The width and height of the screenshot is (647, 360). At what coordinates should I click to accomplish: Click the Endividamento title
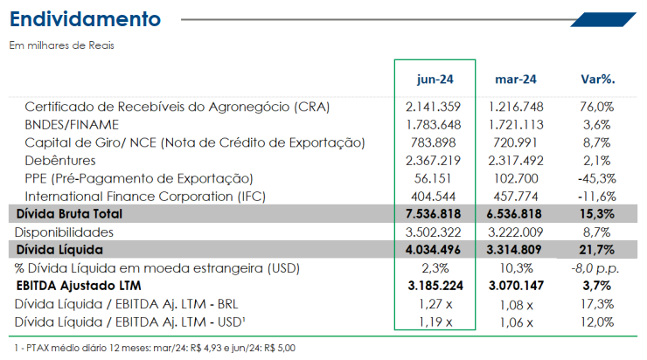tap(85, 19)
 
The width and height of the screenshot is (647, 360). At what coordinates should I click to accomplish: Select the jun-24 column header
tap(435, 80)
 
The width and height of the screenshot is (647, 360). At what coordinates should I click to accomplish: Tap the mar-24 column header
tap(516, 80)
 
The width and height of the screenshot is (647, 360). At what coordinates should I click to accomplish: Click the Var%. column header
tap(598, 79)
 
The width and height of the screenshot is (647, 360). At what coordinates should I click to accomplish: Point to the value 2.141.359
tap(433, 107)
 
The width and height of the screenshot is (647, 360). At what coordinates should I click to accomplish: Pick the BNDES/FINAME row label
tap(72, 125)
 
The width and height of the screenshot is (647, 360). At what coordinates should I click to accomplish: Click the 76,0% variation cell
tap(596, 107)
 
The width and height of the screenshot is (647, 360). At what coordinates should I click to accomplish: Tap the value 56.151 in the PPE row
tap(433, 178)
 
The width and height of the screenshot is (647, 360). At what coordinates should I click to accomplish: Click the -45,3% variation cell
tap(596, 178)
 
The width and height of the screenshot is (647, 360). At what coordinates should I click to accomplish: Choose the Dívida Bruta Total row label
tap(69, 213)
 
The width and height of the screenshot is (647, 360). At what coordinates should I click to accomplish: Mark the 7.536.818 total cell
tap(433, 213)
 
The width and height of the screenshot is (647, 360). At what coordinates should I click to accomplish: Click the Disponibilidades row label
tap(64, 232)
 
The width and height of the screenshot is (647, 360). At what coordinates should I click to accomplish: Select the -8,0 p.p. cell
tap(595, 268)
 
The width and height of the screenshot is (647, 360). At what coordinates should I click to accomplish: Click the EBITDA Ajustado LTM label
tap(79, 286)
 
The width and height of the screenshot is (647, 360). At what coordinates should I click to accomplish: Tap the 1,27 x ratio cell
tap(435, 304)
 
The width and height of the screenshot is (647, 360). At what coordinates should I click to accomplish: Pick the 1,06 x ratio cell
tap(516, 322)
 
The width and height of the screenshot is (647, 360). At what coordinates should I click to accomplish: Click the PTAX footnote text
tap(155, 348)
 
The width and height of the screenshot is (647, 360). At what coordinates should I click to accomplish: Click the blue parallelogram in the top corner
tap(603, 19)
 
